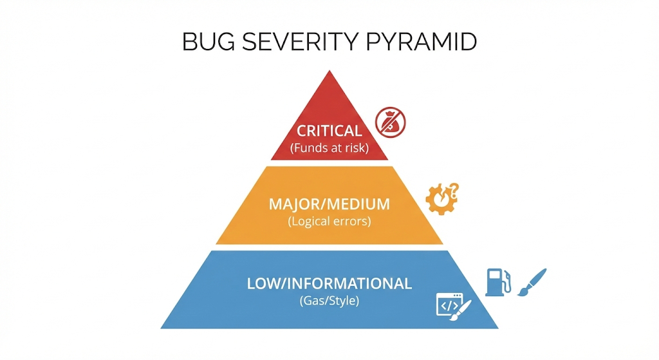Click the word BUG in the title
click(x=208, y=42)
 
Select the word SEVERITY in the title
click(x=300, y=42)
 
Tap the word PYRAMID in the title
click(x=421, y=42)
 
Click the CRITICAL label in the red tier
click(x=329, y=131)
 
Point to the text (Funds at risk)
click(x=329, y=148)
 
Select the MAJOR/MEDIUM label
click(x=329, y=204)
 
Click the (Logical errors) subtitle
click(x=329, y=221)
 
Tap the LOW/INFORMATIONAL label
click(x=329, y=283)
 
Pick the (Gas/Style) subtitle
click(x=329, y=301)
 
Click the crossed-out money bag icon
click(x=391, y=122)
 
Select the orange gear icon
click(x=438, y=200)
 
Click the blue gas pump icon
click(x=497, y=282)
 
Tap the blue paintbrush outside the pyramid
click(x=532, y=282)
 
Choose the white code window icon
click(x=450, y=304)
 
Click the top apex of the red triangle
click(x=329, y=70)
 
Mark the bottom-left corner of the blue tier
click(x=160, y=328)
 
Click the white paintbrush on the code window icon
click(x=461, y=310)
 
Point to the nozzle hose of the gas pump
click(x=508, y=281)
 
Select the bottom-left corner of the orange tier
click(x=216, y=244)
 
